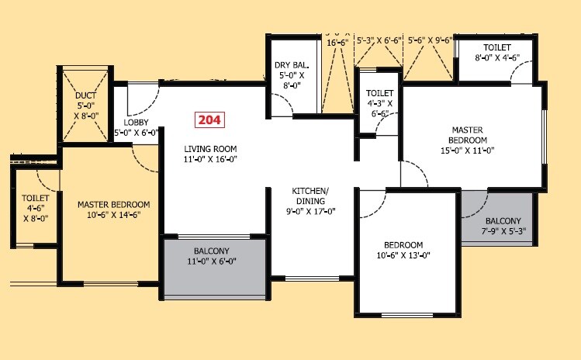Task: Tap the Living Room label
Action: click(x=210, y=148)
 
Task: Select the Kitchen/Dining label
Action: click(x=310, y=191)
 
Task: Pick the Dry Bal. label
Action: click(x=292, y=66)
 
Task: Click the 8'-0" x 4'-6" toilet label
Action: click(x=497, y=51)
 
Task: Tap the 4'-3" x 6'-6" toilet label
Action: click(x=379, y=103)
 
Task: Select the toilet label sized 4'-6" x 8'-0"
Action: click(x=36, y=208)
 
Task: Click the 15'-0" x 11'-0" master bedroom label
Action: click(x=468, y=140)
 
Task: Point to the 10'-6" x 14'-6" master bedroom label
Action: click(x=113, y=210)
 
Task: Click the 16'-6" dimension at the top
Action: click(x=337, y=43)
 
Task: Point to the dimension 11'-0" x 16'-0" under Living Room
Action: click(x=210, y=159)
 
